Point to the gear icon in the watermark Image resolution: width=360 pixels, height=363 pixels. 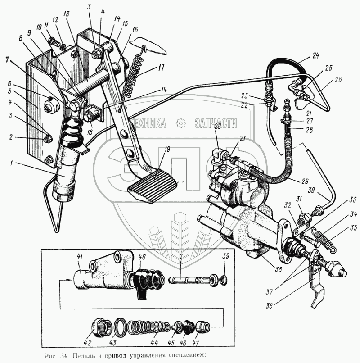(180, 123)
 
